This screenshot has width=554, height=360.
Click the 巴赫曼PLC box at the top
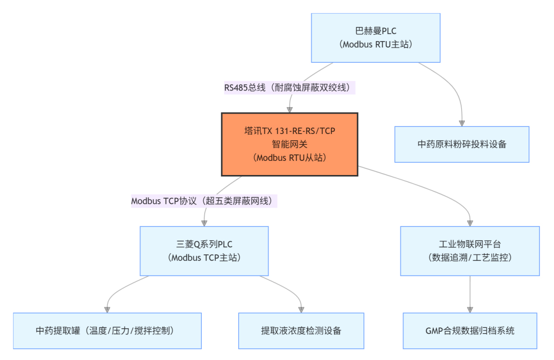375,38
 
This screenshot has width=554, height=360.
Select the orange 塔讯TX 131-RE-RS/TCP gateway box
289,144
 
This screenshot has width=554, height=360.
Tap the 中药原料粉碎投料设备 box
462,144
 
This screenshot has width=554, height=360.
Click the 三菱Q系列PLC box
204,251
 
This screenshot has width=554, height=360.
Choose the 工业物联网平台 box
470,251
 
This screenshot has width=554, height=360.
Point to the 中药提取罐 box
107,331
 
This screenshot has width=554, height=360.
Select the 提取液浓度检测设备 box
301,331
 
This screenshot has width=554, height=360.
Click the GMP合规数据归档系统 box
470,331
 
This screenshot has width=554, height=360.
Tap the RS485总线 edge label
289,88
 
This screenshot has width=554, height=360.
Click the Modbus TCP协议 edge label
204,201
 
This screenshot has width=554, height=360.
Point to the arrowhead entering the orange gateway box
289,109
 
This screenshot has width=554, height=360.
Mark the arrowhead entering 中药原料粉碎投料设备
462,123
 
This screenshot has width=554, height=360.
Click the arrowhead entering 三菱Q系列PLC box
204,223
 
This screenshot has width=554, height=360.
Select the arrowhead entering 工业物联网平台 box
470,223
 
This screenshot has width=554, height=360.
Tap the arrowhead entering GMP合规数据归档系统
470,309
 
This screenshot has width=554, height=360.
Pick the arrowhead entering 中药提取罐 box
107,309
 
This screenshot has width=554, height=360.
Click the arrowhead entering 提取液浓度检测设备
301,309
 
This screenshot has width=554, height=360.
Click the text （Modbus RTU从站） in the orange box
289,158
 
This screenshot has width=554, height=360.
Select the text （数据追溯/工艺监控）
470,258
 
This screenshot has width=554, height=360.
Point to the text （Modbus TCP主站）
204,258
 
